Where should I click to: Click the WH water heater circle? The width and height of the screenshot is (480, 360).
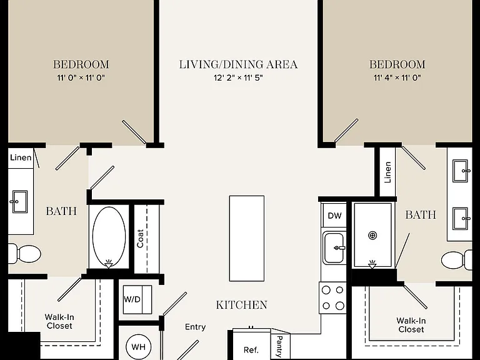point(138,347)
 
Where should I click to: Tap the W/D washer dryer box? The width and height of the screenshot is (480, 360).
point(137,299)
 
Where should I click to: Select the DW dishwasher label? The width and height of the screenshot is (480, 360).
point(334,216)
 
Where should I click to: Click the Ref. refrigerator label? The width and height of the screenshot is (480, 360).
point(251,349)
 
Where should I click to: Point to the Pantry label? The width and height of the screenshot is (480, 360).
point(279,346)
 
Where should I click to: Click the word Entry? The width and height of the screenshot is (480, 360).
point(195,327)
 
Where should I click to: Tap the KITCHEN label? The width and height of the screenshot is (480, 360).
point(241,305)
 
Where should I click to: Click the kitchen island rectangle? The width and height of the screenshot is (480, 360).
point(247,238)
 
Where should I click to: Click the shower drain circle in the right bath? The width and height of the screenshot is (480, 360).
point(372,236)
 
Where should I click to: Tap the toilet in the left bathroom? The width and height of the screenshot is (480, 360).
point(24,254)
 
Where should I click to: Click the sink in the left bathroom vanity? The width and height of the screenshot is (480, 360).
point(20,202)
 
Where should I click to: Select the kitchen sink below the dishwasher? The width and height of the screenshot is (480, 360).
point(334,248)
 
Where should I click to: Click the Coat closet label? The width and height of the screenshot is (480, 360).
point(140,239)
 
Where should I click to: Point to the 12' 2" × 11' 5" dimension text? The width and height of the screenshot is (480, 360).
point(239,77)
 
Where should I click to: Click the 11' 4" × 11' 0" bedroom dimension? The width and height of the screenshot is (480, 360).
point(397,77)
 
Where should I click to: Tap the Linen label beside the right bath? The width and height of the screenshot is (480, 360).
point(387,172)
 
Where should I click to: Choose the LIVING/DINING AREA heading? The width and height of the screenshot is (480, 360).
point(238,64)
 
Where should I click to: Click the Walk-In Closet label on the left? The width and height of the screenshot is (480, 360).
point(59,321)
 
